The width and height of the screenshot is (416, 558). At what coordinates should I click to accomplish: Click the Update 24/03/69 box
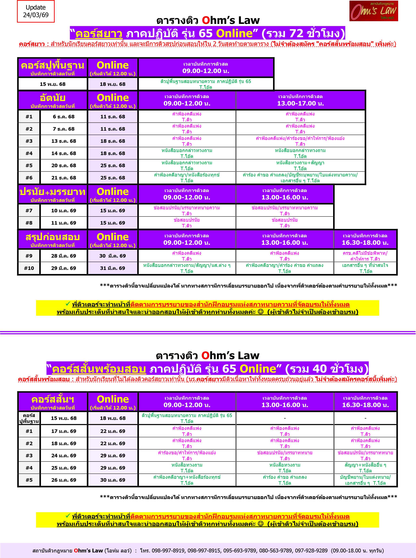36,11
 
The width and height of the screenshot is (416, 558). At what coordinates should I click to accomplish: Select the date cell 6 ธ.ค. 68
63,117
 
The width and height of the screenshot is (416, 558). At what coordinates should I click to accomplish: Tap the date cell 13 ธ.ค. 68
63,141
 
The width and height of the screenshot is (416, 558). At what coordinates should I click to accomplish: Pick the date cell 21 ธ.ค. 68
63,178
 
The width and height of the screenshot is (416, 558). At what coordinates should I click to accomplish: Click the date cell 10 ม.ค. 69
63,211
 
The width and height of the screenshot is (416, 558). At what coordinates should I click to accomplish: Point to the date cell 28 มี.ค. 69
63,256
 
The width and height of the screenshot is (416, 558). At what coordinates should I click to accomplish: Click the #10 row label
29,268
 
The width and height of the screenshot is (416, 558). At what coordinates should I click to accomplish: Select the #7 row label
29,211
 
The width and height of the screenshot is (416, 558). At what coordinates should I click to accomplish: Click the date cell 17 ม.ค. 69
63,431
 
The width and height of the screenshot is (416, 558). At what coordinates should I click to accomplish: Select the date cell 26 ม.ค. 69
63,480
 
